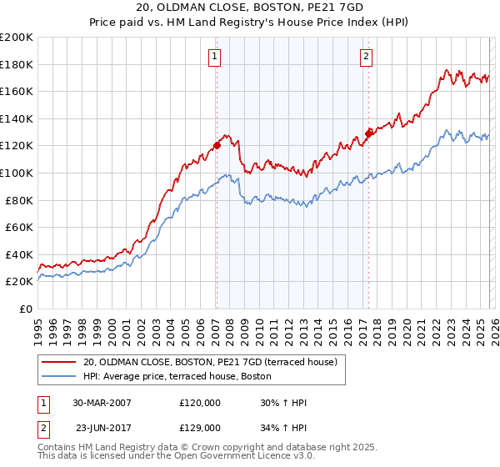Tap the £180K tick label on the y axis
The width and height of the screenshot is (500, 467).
(17, 64)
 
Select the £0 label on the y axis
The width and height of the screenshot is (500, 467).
(26, 309)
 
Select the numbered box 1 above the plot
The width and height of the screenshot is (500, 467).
(215, 57)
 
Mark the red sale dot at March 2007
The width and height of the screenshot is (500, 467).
(217, 145)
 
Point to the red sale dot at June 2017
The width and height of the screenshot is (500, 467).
(367, 133)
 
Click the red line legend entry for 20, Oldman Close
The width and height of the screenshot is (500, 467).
(209, 362)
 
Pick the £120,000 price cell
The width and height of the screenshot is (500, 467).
(199, 403)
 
